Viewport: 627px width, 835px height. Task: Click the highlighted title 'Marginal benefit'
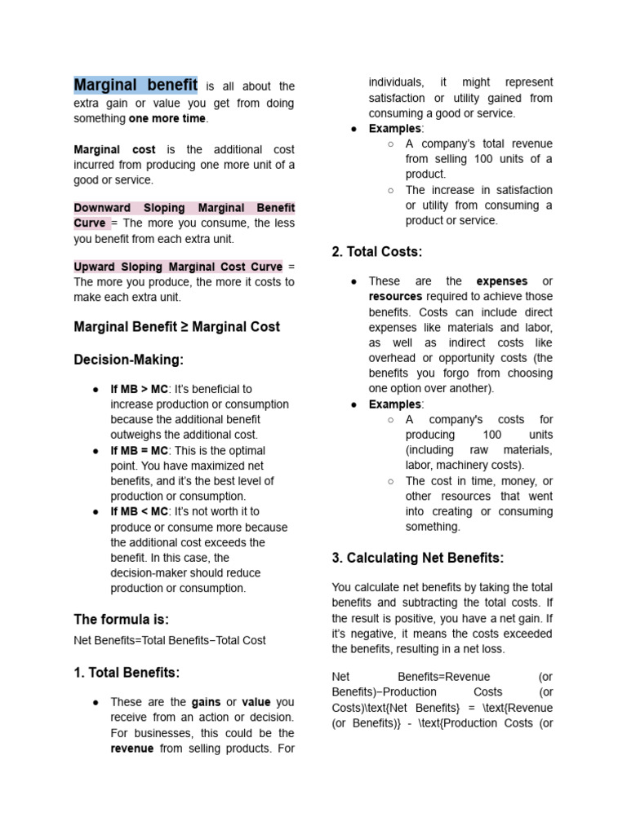point(136,85)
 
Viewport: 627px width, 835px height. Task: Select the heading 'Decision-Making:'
point(129,360)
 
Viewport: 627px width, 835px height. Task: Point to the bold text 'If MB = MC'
point(139,450)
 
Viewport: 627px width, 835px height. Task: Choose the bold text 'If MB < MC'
point(139,511)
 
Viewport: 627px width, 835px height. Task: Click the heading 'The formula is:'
point(122,620)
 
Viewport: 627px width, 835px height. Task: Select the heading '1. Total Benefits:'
point(127,673)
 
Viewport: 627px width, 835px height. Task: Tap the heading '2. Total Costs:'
point(377,252)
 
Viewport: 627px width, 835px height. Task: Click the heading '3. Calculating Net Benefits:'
point(418,559)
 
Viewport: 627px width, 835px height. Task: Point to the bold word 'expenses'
point(502,281)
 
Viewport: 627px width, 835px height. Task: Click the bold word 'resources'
point(395,297)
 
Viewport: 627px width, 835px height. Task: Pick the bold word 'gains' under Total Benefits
point(206,702)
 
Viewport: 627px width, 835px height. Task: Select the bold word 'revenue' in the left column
point(132,749)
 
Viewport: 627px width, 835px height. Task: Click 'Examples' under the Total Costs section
point(395,404)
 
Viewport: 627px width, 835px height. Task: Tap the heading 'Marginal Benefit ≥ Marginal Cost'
point(177,327)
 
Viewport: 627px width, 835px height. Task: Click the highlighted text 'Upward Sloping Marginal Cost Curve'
point(178,267)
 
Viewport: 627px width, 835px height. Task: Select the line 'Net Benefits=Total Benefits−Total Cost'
point(170,641)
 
